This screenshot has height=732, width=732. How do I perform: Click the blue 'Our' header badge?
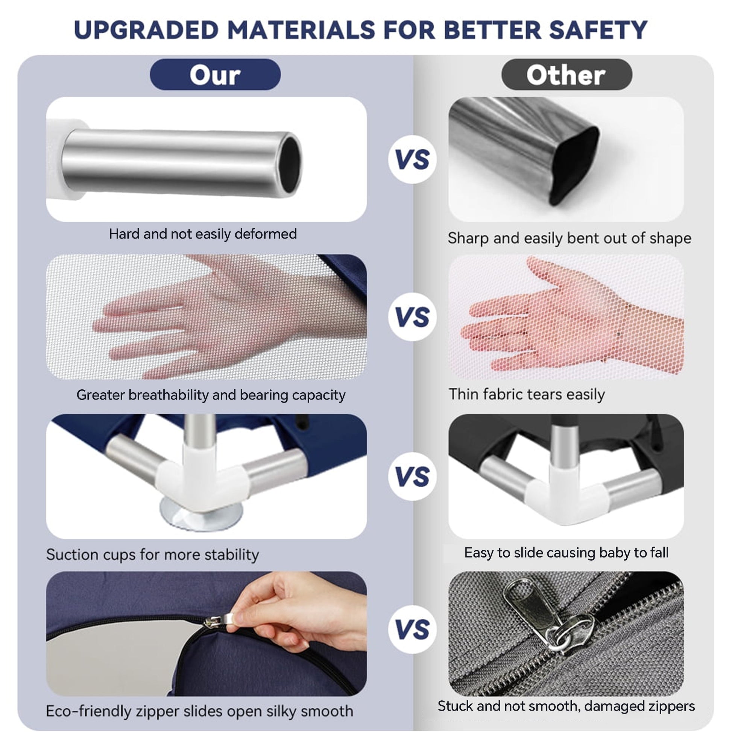click(x=215, y=74)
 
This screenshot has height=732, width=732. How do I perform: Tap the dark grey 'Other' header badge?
click(x=567, y=74)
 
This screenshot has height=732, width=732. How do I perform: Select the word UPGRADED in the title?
click(x=146, y=30)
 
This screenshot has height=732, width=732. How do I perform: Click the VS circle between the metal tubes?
click(x=412, y=159)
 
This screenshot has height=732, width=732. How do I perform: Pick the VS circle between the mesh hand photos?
click(x=412, y=317)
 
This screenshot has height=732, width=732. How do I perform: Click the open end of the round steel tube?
click(x=291, y=164)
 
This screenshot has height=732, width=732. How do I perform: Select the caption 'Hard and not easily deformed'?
click(x=203, y=234)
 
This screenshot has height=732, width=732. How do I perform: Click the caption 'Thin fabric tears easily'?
click(x=527, y=395)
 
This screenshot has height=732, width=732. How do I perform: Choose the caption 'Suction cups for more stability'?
click(x=153, y=555)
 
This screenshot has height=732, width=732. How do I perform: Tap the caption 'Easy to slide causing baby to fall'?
click(x=566, y=553)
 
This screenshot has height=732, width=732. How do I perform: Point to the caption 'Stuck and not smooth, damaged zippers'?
click(x=566, y=706)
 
